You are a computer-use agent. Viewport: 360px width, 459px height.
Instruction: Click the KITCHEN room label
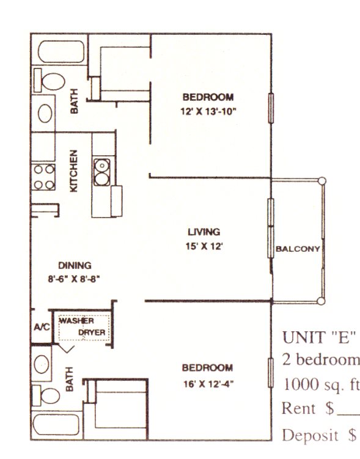point(74,171)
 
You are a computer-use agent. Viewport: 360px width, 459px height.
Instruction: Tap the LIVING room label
point(204,232)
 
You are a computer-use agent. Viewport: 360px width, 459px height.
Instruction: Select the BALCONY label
point(298,249)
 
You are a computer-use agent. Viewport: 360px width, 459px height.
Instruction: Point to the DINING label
point(75,265)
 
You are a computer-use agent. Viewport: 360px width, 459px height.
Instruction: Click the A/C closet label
point(42,327)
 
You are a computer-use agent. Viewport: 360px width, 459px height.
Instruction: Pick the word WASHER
point(76,321)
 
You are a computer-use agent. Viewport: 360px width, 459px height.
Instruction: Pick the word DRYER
point(92,332)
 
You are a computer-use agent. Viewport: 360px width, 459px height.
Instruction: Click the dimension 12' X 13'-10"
point(208,111)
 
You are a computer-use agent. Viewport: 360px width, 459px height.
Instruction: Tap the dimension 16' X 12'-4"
point(208,384)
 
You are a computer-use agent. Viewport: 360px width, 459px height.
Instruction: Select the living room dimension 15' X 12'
point(204,246)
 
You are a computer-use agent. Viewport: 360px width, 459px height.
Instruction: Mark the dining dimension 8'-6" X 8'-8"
point(74,279)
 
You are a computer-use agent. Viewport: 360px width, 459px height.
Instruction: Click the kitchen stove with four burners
point(43,177)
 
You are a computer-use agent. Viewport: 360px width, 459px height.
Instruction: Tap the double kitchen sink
point(102,172)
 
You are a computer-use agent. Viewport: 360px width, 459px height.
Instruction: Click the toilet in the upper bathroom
point(49,81)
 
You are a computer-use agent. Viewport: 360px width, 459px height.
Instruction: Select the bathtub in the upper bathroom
point(61,51)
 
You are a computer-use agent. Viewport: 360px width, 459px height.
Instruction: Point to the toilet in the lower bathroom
point(46,395)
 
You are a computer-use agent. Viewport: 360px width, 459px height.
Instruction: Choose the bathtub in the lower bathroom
point(56,424)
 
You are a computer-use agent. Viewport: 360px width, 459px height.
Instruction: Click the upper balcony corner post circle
point(321,181)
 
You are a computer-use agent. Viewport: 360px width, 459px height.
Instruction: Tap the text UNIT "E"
point(319,337)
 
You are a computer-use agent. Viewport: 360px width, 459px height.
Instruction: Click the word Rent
point(298,408)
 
